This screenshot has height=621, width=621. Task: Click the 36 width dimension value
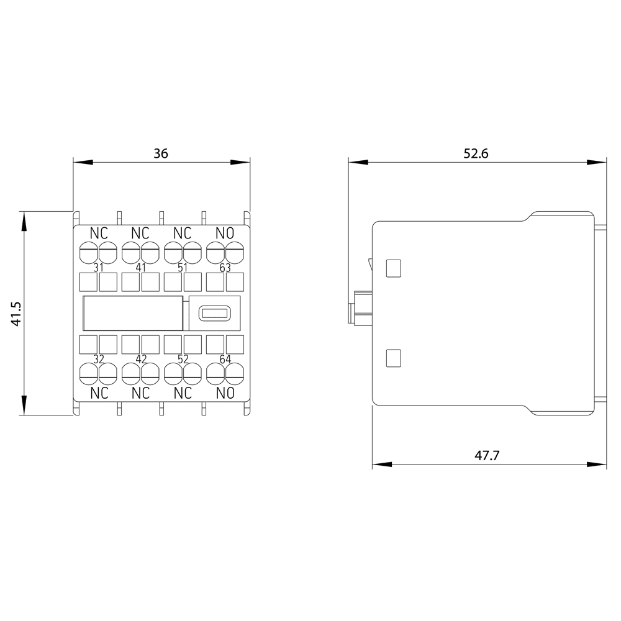tap(161, 153)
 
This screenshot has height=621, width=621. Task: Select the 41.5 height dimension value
tap(17, 314)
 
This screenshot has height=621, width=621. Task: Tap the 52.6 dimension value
tap(476, 153)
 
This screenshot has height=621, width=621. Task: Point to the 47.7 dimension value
tap(487, 455)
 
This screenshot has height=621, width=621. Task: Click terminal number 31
tap(99, 268)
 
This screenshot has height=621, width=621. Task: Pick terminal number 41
tap(141, 268)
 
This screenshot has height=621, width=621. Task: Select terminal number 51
tap(183, 268)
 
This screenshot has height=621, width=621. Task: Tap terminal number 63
tap(225, 268)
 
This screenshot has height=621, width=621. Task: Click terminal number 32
tap(99, 359)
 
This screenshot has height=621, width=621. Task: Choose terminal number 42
tap(141, 359)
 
